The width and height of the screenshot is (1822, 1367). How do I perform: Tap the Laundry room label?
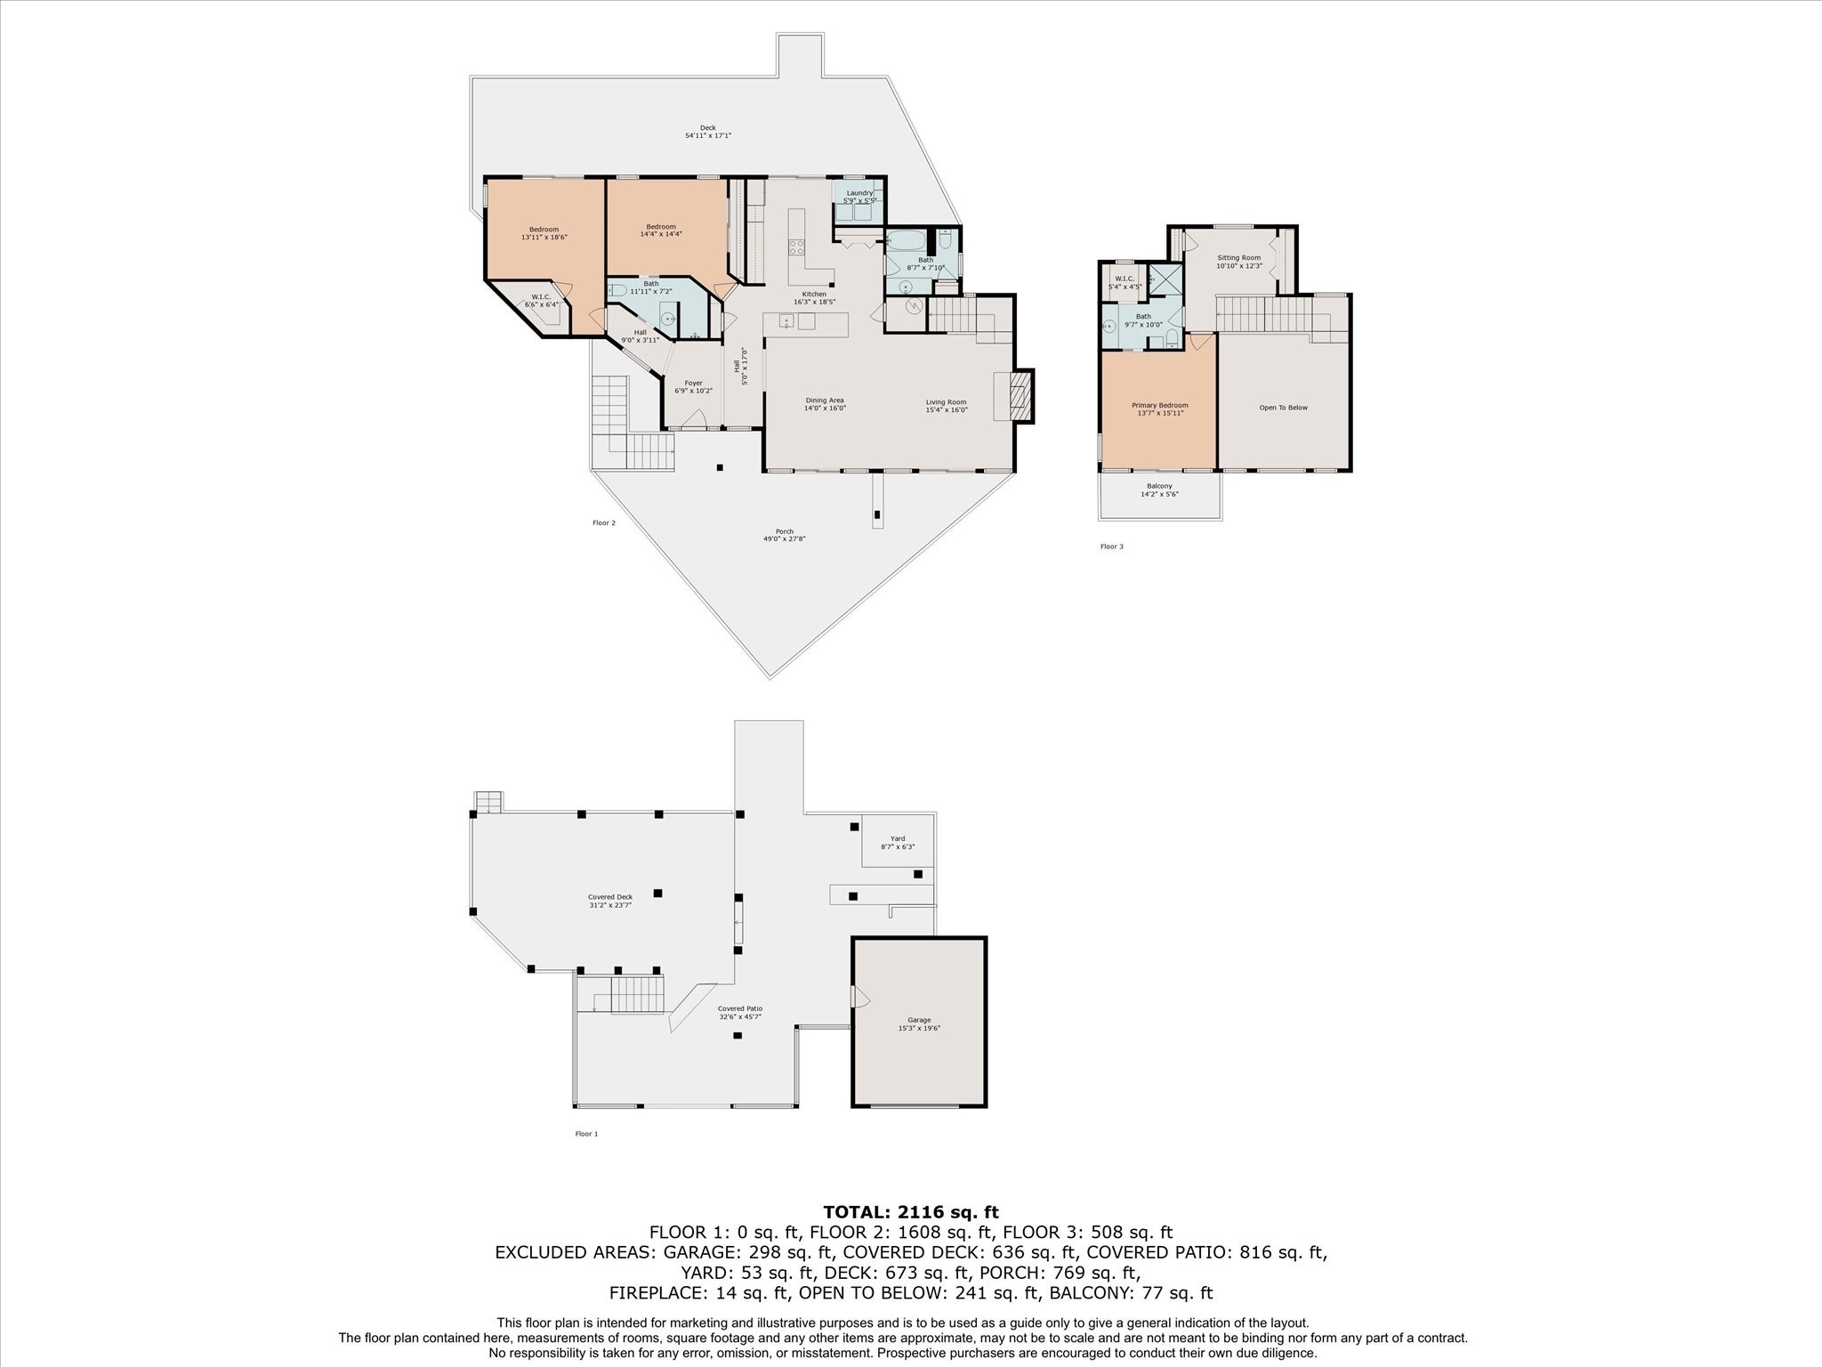click(859, 197)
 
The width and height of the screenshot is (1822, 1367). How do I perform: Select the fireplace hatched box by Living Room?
click(1022, 395)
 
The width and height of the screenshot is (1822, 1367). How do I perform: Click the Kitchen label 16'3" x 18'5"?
click(814, 298)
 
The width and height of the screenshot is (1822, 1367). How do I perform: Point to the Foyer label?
click(694, 387)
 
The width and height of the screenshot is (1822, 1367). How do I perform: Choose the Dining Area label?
click(825, 404)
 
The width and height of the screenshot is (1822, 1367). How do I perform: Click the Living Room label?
click(946, 406)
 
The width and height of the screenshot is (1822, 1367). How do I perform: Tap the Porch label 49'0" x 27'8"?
click(784, 535)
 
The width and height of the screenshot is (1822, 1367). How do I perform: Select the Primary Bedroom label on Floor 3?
click(1159, 408)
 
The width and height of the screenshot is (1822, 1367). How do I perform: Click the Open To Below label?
click(1283, 408)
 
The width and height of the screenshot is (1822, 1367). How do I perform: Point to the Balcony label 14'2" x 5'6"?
click(1159, 489)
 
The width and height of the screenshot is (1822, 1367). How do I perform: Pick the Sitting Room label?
click(1238, 262)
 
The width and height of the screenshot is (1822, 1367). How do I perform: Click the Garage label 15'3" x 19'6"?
click(919, 1023)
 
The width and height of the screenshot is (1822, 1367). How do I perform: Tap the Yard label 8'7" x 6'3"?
click(898, 842)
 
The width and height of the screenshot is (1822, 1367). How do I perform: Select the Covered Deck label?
click(609, 901)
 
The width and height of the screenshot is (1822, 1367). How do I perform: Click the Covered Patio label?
click(740, 1013)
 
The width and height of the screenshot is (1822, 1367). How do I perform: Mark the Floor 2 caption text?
click(603, 523)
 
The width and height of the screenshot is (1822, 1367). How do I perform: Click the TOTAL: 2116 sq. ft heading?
click(910, 1212)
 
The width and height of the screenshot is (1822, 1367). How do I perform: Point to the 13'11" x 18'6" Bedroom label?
click(544, 233)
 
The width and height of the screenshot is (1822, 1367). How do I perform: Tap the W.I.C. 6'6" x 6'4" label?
click(541, 301)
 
